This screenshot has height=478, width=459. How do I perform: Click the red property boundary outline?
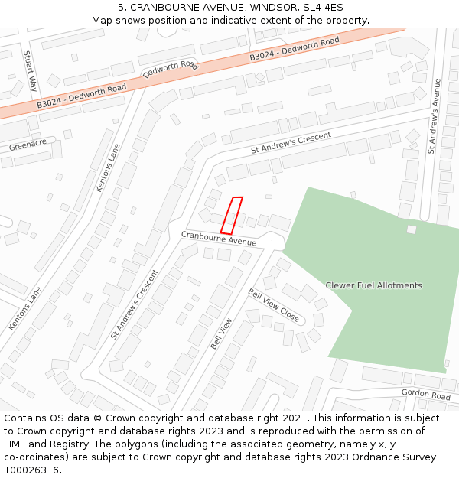(x=232, y=215)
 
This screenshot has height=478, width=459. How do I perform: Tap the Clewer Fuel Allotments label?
(x=373, y=285)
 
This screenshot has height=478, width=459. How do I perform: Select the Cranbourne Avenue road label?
(x=219, y=238)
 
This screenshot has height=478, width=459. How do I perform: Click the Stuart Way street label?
(x=30, y=71)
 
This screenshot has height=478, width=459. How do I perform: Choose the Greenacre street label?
(x=28, y=144)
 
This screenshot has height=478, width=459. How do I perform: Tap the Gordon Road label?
(x=425, y=395)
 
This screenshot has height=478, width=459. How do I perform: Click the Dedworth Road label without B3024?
(x=171, y=70)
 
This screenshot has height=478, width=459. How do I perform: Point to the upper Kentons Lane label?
(x=108, y=167)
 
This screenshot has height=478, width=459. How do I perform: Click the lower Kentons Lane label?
(x=25, y=308)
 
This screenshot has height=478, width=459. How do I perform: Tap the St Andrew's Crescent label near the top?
(x=291, y=142)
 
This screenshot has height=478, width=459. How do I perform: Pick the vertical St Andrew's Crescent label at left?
(x=135, y=304)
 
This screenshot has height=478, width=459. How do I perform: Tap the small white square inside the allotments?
(x=412, y=229)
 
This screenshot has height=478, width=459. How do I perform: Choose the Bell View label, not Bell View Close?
(x=221, y=333)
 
